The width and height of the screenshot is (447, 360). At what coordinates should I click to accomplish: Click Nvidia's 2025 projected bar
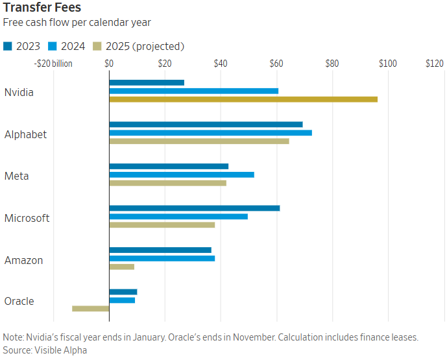243,99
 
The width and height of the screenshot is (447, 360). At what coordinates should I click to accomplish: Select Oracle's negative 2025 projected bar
90,308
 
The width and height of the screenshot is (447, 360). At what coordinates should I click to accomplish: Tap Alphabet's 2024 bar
210,132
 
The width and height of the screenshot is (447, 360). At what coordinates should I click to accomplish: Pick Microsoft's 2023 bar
195,208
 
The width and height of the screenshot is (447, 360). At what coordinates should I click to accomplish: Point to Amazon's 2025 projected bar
122,267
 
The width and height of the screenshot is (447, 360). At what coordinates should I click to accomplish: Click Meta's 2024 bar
182,174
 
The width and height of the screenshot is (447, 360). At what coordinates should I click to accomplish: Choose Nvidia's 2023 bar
147,82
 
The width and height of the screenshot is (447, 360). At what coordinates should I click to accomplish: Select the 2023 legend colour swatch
8,46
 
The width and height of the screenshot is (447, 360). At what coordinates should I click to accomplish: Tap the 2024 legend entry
71,46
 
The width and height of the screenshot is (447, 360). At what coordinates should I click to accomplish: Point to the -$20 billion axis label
53,64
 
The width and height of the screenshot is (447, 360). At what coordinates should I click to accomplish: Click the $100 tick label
388,64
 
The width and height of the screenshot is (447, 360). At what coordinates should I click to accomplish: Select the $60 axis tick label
276,64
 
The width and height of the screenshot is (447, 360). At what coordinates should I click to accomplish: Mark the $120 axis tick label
434,64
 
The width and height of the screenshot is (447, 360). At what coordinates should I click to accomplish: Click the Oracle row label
19,301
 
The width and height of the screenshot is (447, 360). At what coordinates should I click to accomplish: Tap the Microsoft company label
27,218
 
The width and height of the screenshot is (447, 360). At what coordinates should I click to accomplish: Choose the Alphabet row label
26,134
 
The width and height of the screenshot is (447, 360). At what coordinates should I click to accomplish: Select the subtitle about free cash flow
77,22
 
